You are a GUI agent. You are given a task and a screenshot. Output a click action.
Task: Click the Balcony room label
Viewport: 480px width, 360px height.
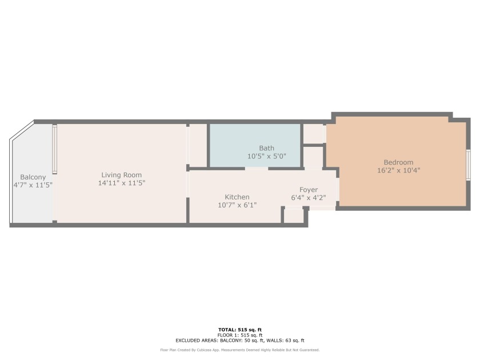pos(33,177)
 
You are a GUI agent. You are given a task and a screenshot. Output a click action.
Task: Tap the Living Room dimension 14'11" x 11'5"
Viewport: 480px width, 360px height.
pos(122,183)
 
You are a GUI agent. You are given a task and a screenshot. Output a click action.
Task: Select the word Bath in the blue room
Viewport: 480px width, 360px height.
pos(267,148)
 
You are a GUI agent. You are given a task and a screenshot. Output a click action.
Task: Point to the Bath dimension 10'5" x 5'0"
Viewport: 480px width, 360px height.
pos(267,156)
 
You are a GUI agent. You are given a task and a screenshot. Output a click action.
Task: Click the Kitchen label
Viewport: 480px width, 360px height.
pos(237,197)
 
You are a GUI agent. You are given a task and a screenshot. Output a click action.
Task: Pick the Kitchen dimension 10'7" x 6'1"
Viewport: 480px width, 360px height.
pos(237,205)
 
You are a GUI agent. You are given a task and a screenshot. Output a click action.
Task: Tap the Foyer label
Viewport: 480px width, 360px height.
pos(309,190)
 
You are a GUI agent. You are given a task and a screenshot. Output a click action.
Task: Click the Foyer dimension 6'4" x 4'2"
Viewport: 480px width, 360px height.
pos(309,198)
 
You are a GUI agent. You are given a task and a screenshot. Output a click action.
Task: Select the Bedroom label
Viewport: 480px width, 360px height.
pos(399,162)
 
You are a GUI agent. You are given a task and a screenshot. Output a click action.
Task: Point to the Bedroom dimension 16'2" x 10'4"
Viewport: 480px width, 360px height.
pos(399,170)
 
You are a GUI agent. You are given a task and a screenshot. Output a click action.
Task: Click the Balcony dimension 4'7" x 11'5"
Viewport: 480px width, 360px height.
pos(33,185)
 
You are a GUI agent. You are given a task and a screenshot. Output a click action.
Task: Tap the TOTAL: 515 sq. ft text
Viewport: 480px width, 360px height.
pos(240,330)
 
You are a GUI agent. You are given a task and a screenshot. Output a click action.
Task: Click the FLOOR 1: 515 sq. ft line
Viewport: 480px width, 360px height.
pos(240,335)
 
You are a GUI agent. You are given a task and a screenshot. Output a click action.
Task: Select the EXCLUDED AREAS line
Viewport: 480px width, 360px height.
pos(240,341)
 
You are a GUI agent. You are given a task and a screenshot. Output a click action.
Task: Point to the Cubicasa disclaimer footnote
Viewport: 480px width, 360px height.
pos(240,350)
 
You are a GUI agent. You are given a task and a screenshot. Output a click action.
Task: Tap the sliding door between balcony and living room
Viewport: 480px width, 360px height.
pos(54,149)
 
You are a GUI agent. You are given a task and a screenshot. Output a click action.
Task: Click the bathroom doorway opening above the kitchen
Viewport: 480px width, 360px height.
pos(257,169)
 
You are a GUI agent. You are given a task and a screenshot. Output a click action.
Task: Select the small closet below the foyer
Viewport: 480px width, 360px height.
pos(294,215)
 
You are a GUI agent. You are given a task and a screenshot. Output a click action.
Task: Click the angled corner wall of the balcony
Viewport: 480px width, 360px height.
pos(22,130)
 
